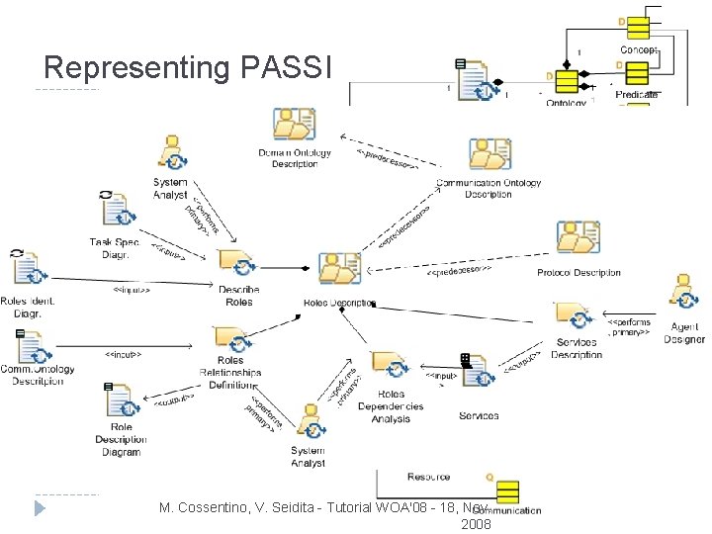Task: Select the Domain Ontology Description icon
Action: click(293, 126)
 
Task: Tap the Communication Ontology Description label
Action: click(489, 188)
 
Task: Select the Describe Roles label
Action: click(238, 295)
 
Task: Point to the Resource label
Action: click(428, 477)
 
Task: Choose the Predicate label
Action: click(636, 94)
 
